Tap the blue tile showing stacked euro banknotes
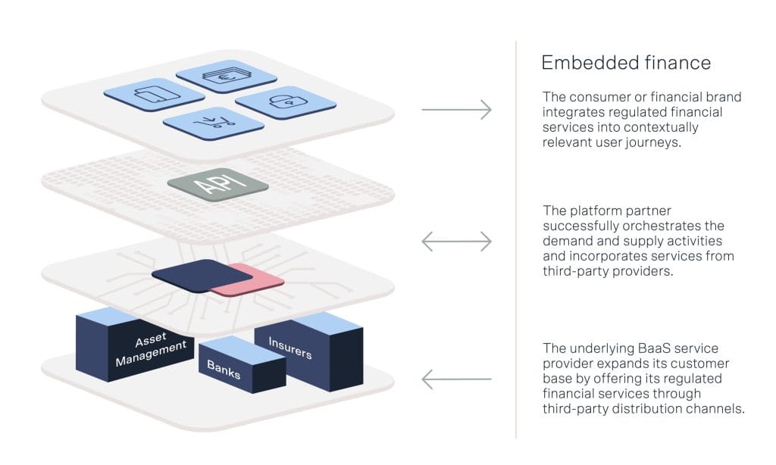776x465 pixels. click(226, 76)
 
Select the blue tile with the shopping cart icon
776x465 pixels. click(207, 122)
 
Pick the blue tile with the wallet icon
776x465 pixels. click(153, 95)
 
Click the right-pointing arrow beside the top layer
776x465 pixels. click(456, 111)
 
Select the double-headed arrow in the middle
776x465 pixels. click(456, 242)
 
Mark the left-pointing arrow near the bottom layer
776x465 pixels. click(456, 378)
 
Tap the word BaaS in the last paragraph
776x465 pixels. click(641, 348)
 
